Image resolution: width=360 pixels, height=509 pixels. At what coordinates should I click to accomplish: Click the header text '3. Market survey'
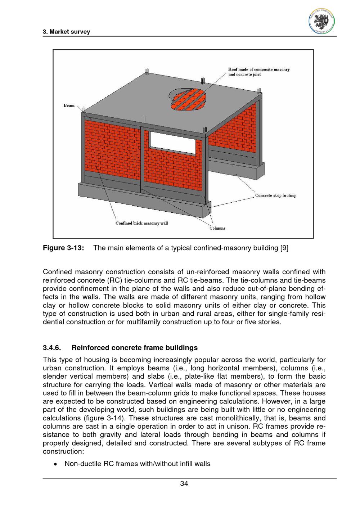[x=66, y=32]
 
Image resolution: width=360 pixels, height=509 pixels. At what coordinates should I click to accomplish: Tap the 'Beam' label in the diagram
[x=69, y=105]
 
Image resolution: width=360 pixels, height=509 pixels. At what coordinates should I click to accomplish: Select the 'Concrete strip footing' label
[x=275, y=195]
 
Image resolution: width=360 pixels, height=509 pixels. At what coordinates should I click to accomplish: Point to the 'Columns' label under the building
[x=217, y=228]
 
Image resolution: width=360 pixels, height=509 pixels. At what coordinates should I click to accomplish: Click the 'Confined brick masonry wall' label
[x=141, y=223]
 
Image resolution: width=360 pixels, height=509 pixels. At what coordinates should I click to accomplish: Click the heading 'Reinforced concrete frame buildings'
[x=135, y=348]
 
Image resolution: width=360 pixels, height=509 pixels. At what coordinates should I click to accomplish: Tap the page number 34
[x=184, y=483]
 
